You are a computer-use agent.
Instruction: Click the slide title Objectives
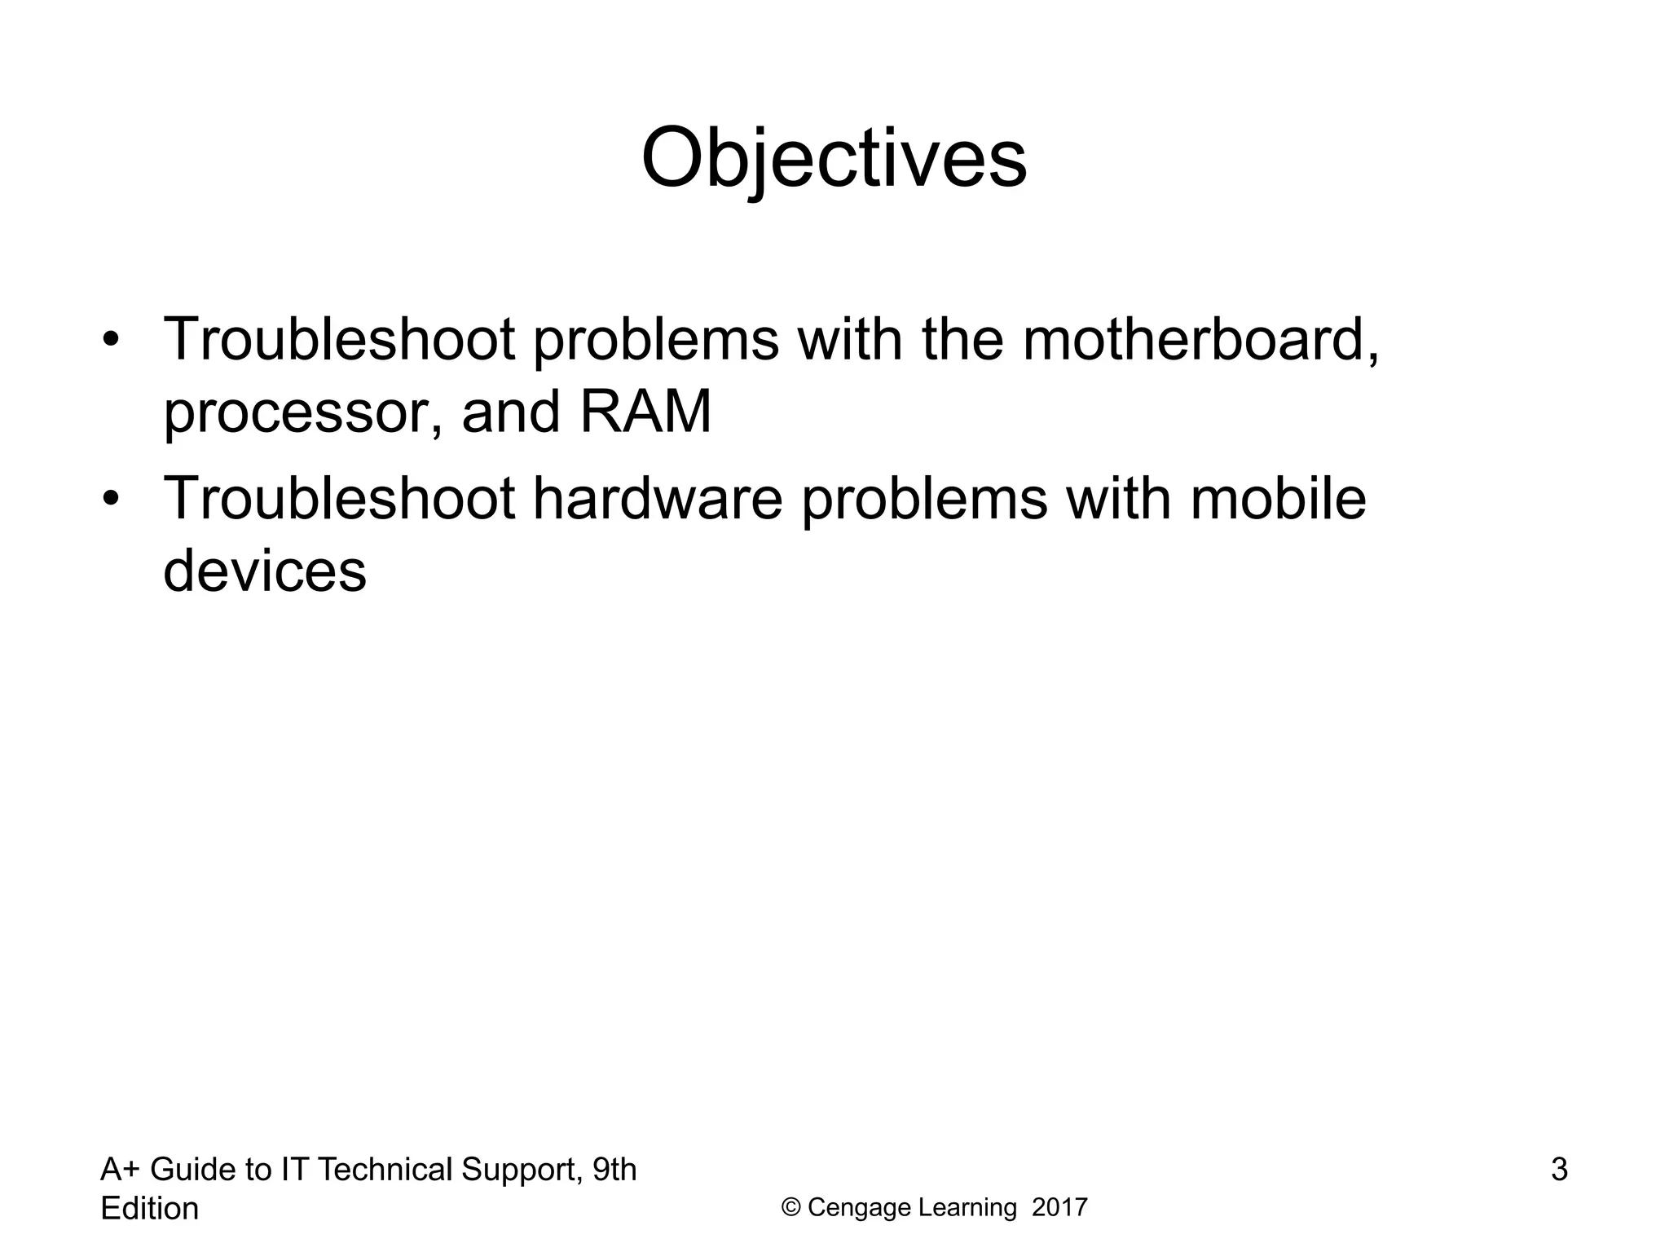pyautogui.click(x=834, y=158)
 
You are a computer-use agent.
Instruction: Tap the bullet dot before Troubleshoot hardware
pyautogui.click(x=112, y=498)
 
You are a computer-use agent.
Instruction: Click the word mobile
pyautogui.click(x=1277, y=498)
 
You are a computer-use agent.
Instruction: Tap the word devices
pyautogui.click(x=265, y=571)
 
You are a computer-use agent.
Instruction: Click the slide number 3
pyautogui.click(x=1558, y=1170)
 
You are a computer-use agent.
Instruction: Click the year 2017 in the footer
pyautogui.click(x=1059, y=1208)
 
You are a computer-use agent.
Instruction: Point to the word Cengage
pyautogui.click(x=859, y=1208)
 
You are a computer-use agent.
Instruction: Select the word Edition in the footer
pyautogui.click(x=149, y=1208)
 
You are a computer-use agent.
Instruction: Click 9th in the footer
pyautogui.click(x=614, y=1170)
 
